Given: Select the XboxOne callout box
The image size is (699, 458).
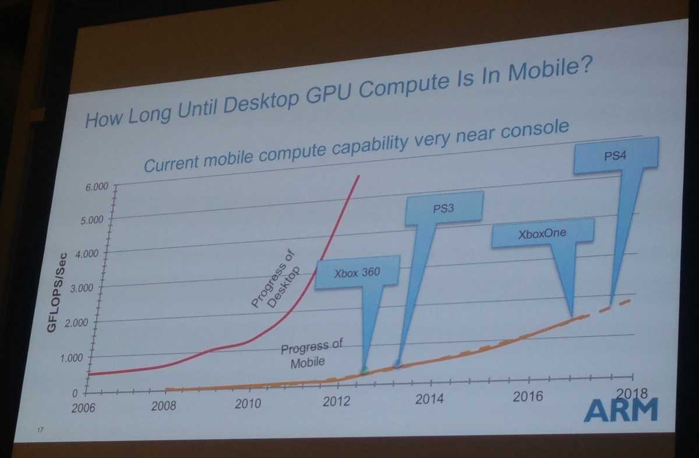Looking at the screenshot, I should click(542, 234).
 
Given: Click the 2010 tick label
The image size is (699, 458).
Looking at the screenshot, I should click(248, 403).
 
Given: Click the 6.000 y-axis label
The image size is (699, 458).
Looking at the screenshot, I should click(97, 187).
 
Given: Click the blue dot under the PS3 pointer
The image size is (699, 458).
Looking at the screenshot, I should click(398, 364).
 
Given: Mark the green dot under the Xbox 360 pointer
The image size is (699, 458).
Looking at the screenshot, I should click(364, 369).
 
